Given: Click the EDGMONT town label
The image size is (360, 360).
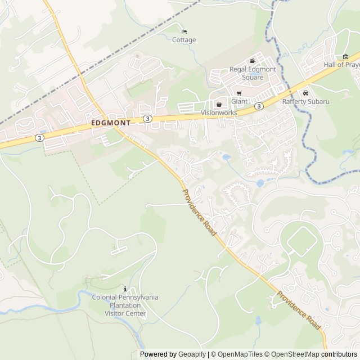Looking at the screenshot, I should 110,122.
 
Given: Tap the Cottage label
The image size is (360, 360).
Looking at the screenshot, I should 184,40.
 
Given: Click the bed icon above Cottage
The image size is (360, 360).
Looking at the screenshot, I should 184,31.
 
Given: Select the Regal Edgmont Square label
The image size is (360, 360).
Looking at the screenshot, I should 253,73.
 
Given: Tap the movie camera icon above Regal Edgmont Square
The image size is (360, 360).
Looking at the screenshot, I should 253,61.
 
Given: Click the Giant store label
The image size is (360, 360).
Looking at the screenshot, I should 239,101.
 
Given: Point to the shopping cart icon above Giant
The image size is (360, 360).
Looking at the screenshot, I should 239,93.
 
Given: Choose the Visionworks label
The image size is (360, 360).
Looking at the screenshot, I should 219,112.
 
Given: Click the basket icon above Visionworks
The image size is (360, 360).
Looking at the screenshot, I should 219,104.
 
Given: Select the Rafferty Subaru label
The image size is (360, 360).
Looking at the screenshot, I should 305,101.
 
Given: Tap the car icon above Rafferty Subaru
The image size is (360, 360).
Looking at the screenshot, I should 305,93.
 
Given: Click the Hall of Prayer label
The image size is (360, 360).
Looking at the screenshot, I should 341,65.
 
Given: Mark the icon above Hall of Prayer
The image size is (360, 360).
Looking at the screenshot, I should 345,56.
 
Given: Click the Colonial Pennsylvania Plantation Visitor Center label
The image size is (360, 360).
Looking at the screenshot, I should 125,305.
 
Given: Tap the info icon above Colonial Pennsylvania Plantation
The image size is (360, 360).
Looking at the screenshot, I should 125,289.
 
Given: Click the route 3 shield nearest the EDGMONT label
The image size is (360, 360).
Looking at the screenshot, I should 147,118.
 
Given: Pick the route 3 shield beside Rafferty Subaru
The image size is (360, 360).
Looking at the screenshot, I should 258,106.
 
